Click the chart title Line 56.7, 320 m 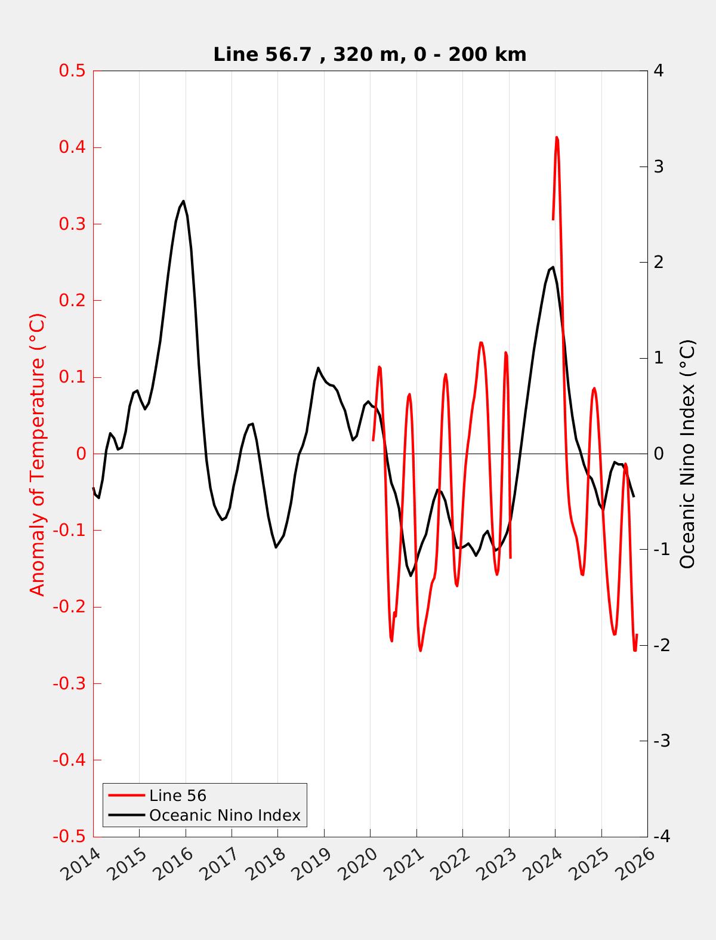pyautogui.click(x=369, y=55)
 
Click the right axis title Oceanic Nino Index pyautogui.click(x=687, y=454)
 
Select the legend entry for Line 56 pyautogui.click(x=177, y=796)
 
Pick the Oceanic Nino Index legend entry pyautogui.click(x=224, y=815)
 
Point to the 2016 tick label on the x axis pyautogui.click(x=174, y=864)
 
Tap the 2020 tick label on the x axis pyautogui.click(x=359, y=864)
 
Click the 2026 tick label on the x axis pyautogui.click(x=637, y=864)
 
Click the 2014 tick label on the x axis pyautogui.click(x=82, y=864)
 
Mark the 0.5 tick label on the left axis pyautogui.click(x=72, y=71)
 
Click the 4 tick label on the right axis pyautogui.click(x=659, y=71)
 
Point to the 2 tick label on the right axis pyautogui.click(x=659, y=263)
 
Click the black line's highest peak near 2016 pyautogui.click(x=183, y=201)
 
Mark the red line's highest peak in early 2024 pyautogui.click(x=557, y=137)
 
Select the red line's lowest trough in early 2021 pyautogui.click(x=420, y=651)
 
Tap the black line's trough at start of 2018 pyautogui.click(x=276, y=547)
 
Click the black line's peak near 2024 pyautogui.click(x=553, y=267)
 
